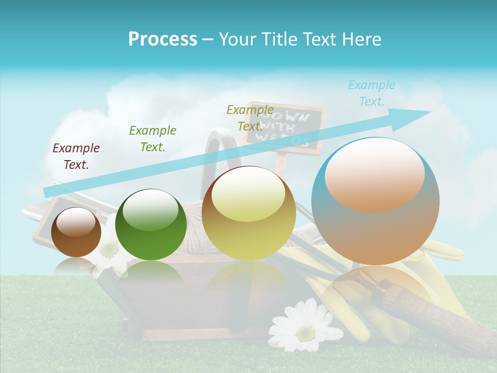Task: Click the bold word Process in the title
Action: point(163,39)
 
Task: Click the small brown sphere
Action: point(76,232)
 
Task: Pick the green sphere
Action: point(151,224)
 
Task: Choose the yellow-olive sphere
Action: point(248,213)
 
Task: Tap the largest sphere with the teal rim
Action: point(375,201)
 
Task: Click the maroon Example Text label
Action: point(76,156)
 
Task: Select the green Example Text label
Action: point(153,139)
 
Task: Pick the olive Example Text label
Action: point(250,118)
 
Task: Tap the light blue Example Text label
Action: point(372,93)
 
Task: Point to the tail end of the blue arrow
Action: point(47,192)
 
